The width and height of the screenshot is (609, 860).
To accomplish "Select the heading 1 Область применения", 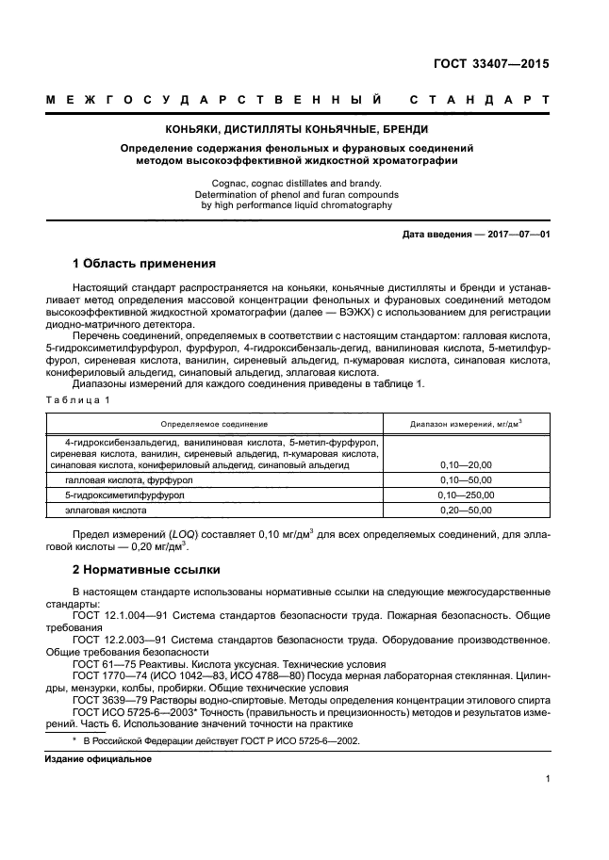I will tap(144, 264).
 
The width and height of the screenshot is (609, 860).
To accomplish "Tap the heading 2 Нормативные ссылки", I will tap(146, 570).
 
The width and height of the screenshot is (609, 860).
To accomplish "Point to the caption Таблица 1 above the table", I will tap(78, 400).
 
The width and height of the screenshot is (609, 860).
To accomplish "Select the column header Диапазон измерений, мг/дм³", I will tap(466, 424).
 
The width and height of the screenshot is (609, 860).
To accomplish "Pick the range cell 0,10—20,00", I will tap(466, 465).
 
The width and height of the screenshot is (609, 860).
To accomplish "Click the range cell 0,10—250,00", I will tap(466, 495).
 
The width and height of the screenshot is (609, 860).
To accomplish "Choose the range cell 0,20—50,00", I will tap(466, 511).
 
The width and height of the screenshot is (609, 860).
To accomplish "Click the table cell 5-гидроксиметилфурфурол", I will tap(120, 495).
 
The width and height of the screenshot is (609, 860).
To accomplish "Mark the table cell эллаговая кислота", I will tap(106, 511).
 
